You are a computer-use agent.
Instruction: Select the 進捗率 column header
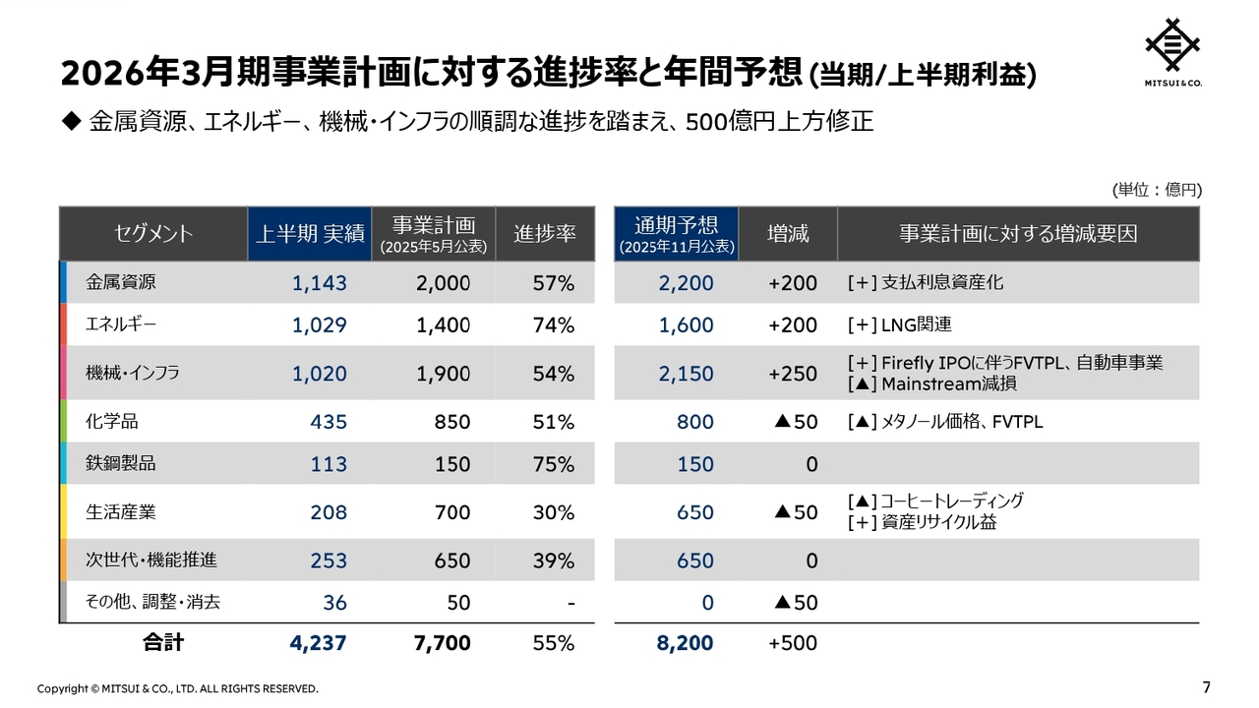[545, 233]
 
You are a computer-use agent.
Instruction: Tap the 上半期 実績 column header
[310, 233]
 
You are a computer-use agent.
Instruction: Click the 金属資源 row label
[121, 282]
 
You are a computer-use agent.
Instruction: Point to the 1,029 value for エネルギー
[320, 325]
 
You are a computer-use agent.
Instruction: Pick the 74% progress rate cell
[553, 325]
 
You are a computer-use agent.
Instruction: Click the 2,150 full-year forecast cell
[687, 374]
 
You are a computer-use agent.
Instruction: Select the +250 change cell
[793, 374]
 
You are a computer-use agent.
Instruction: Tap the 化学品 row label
[112, 422]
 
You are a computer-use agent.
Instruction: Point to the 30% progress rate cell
[553, 512]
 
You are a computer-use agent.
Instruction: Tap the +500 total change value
[793, 643]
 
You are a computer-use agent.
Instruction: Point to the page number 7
[1206, 686]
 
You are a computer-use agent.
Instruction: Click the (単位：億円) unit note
[1157, 190]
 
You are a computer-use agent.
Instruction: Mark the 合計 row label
[162, 643]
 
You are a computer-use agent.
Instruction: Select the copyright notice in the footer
[178, 688]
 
